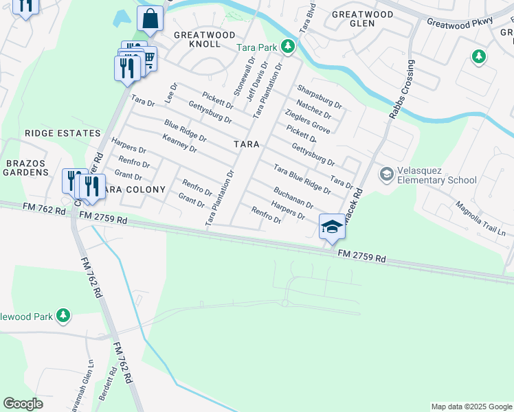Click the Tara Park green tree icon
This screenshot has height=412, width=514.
288,47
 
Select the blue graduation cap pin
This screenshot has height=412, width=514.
332,227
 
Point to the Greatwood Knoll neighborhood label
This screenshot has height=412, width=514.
197,39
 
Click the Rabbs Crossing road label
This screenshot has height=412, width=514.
402,89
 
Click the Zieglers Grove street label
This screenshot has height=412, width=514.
307,122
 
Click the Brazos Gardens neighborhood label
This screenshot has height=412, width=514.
25,168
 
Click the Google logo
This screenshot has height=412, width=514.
23,404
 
